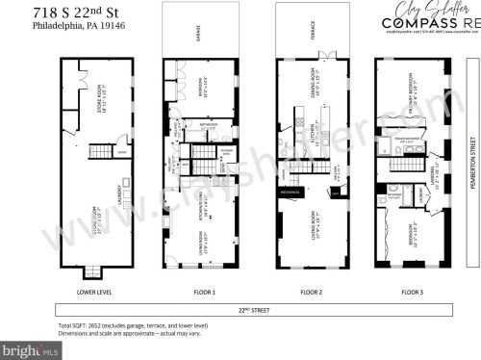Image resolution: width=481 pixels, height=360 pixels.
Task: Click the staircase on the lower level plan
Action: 100,151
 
